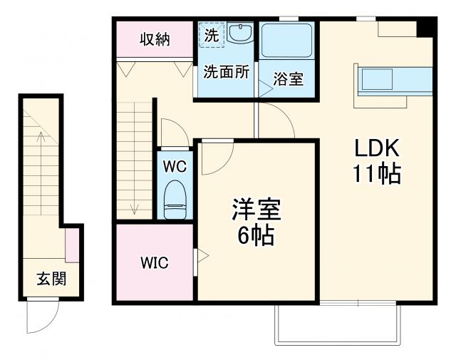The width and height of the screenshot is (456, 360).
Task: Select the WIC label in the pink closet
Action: [154, 262]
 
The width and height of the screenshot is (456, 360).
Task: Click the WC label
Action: [175, 167]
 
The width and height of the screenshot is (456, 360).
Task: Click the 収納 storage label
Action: [155, 40]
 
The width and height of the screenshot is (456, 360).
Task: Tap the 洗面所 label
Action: [227, 72]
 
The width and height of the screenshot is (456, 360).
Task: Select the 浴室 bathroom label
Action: [289, 78]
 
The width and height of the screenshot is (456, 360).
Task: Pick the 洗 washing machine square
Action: [212, 35]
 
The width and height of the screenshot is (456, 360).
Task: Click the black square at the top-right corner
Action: [425, 27]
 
